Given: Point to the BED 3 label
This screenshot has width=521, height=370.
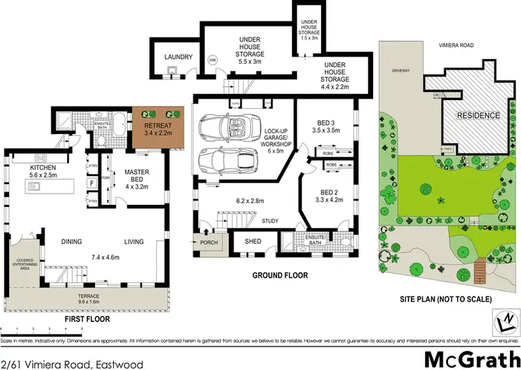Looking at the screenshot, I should [326, 124].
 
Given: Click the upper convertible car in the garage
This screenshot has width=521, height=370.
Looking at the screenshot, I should [222, 128].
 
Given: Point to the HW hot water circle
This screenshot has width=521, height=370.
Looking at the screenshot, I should [212, 58].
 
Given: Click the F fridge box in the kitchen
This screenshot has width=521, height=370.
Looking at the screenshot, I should [91, 183].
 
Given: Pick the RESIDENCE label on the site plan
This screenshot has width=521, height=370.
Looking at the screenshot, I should [477, 115].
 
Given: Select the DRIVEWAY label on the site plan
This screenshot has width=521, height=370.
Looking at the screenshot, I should [402, 71].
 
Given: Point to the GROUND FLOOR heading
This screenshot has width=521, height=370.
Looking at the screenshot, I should [280, 276].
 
